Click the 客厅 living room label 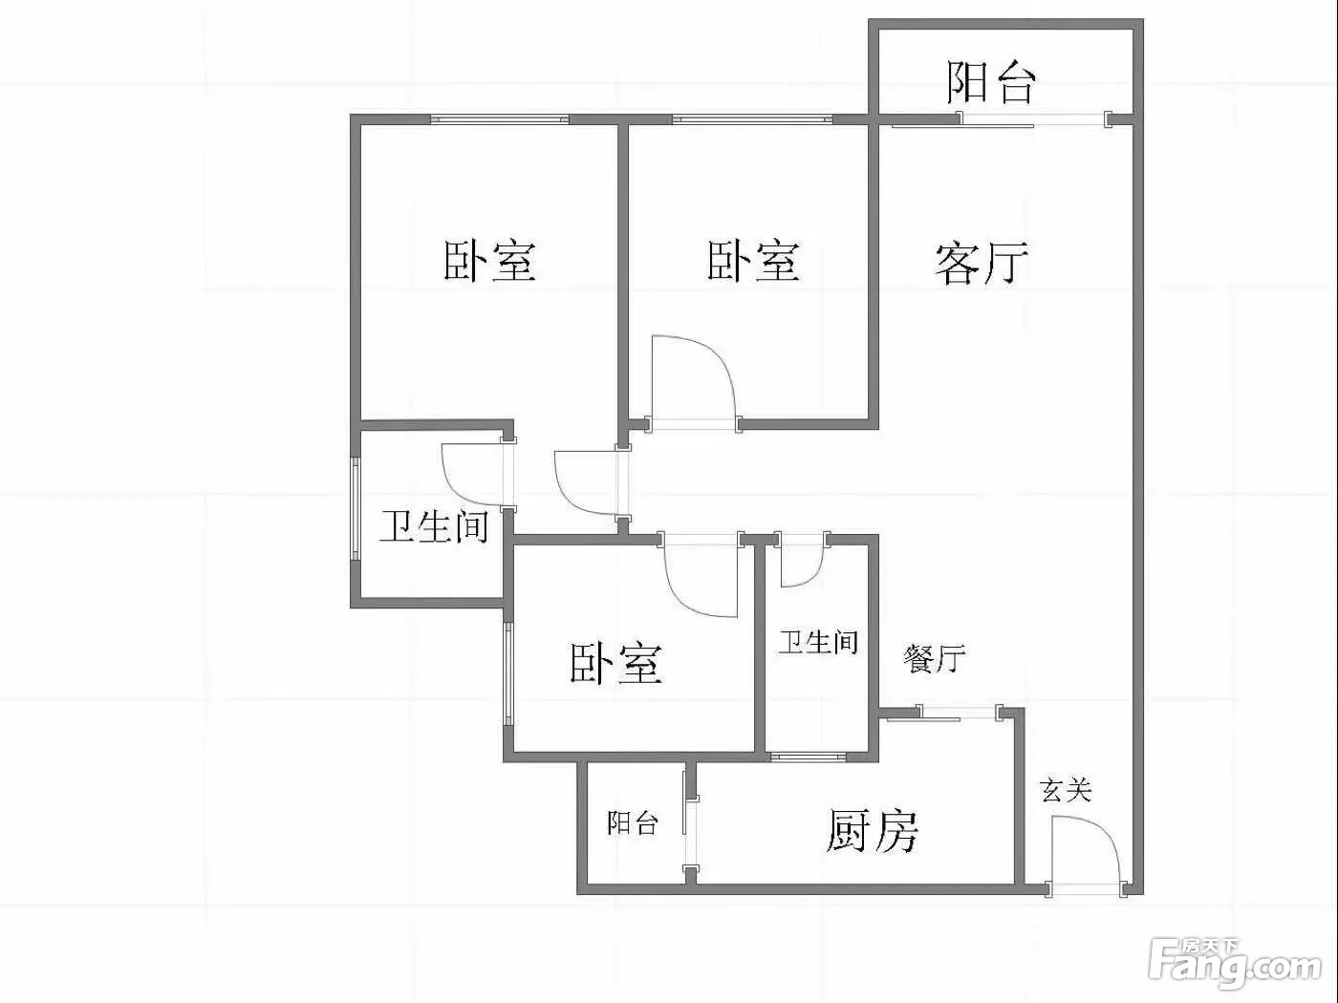[x=982, y=264]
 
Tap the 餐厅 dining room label [x=934, y=658]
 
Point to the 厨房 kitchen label [x=873, y=831]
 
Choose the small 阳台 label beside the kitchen [x=633, y=823]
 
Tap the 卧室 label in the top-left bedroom [x=489, y=261]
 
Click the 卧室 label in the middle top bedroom [x=753, y=261]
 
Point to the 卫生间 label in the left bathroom [x=434, y=526]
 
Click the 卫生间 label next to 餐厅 [x=818, y=643]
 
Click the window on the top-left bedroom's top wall [x=500, y=118]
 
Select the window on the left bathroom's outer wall [x=355, y=506]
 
